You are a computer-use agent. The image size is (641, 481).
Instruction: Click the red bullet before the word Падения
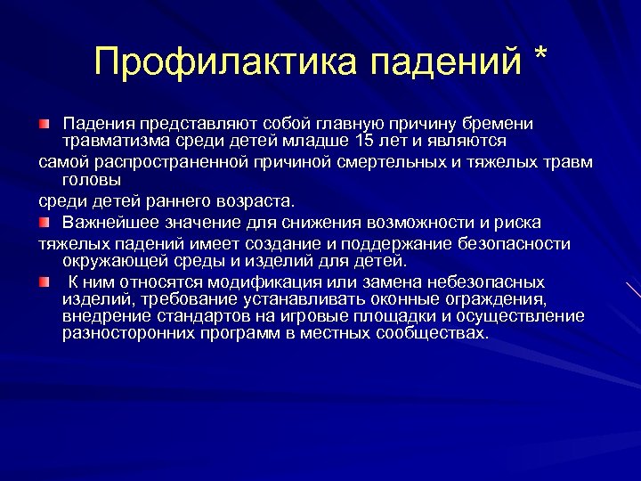click(x=45, y=122)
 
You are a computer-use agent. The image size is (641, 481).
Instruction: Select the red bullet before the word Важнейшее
click(x=45, y=221)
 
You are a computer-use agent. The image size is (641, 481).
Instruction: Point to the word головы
click(x=88, y=178)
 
